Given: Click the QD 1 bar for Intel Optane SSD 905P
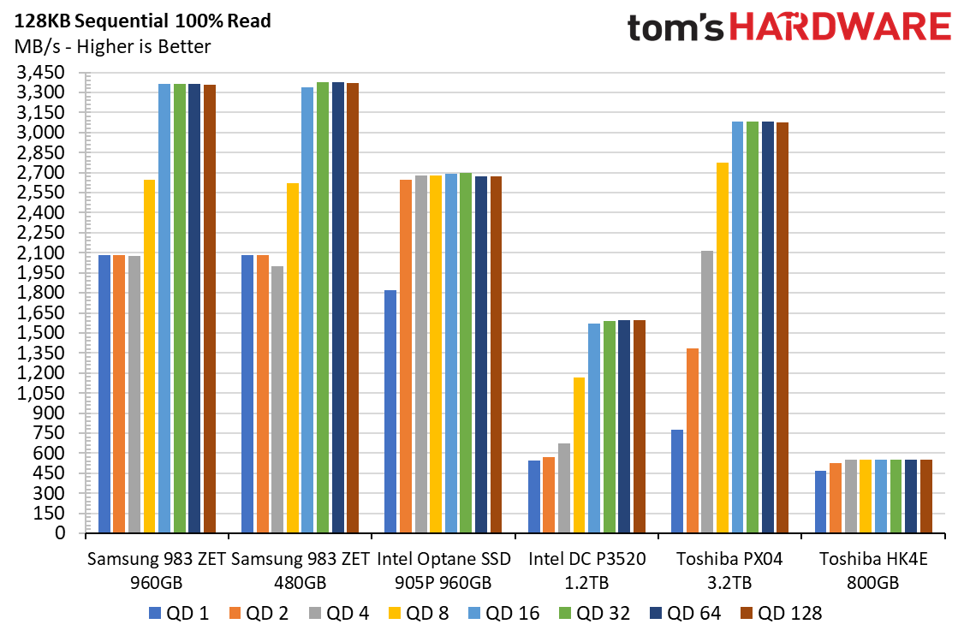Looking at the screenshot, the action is click(390, 412).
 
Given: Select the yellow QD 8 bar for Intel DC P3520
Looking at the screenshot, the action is click(579, 455).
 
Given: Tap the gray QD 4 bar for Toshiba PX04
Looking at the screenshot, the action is click(707, 392).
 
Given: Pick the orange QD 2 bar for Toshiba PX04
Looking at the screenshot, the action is click(693, 441).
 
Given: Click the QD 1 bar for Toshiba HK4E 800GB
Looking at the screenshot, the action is click(821, 502).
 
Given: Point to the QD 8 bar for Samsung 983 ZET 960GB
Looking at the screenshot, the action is click(150, 356).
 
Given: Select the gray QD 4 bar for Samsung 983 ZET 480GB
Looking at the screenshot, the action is click(277, 400).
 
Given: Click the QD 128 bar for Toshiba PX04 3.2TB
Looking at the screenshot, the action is click(783, 328).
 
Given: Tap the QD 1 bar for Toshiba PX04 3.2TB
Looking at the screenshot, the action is click(677, 481).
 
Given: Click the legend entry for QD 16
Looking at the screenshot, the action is click(503, 613).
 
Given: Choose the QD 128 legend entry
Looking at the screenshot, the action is click(781, 613).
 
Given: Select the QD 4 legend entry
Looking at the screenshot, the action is click(339, 613).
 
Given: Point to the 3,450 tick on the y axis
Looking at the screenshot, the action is click(40, 73).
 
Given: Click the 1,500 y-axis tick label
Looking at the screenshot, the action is click(40, 333).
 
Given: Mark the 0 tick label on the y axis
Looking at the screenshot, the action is click(60, 533).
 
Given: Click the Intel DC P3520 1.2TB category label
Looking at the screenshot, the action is click(587, 571).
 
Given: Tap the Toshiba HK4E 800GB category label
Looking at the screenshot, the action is click(873, 571).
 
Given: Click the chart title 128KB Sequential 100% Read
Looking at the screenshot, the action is click(143, 21).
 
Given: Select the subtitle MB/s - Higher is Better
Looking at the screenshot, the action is click(112, 47).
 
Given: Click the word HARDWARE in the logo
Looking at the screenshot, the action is click(841, 27).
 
